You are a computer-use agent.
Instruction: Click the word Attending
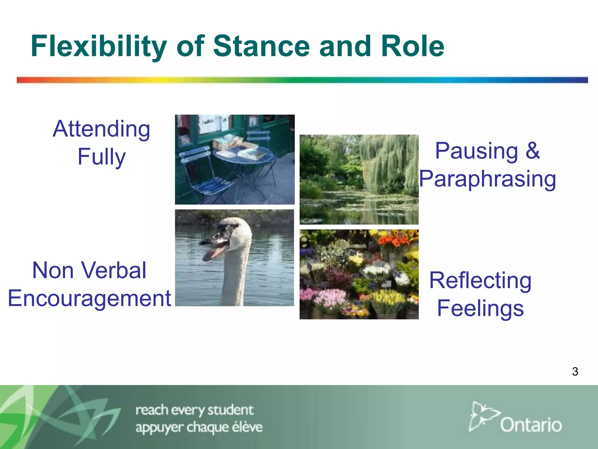(x=101, y=129)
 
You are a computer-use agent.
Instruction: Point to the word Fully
(x=101, y=157)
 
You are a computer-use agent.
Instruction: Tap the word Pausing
(x=477, y=151)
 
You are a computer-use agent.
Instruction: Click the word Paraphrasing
(x=487, y=179)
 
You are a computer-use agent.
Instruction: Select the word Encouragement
(x=89, y=298)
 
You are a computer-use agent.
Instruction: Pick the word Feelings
(x=480, y=308)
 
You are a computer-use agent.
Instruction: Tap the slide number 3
(x=575, y=372)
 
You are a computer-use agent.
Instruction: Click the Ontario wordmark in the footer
(x=531, y=425)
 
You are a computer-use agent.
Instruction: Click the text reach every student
(x=194, y=410)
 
